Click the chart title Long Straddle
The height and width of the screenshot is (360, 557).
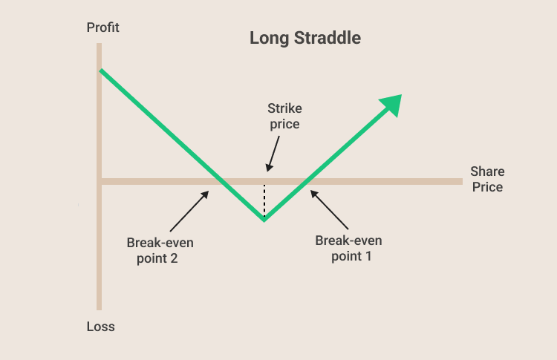[305, 38]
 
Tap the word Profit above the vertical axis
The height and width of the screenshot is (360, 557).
[103, 27]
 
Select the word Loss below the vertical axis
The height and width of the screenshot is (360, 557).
[101, 327]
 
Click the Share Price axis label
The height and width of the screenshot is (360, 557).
[487, 179]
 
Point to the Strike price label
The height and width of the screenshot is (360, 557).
[285, 116]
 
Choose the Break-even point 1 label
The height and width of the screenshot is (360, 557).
[349, 248]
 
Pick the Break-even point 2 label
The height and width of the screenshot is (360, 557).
[160, 250]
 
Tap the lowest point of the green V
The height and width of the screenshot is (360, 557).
[264, 220]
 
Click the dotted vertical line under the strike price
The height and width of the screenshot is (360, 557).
[264, 200]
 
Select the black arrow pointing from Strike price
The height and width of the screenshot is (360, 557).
[273, 154]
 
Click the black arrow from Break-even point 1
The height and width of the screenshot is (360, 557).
[329, 209]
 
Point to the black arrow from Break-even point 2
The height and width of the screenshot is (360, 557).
[189, 211]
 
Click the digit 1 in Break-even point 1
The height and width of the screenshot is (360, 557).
[368, 256]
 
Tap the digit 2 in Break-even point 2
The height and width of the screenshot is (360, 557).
[174, 258]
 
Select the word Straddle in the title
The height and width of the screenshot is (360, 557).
[328, 38]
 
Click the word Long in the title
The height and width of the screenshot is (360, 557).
[270, 39]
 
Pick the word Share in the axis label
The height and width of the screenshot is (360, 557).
[487, 171]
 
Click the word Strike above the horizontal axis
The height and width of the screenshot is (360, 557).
[285, 108]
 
